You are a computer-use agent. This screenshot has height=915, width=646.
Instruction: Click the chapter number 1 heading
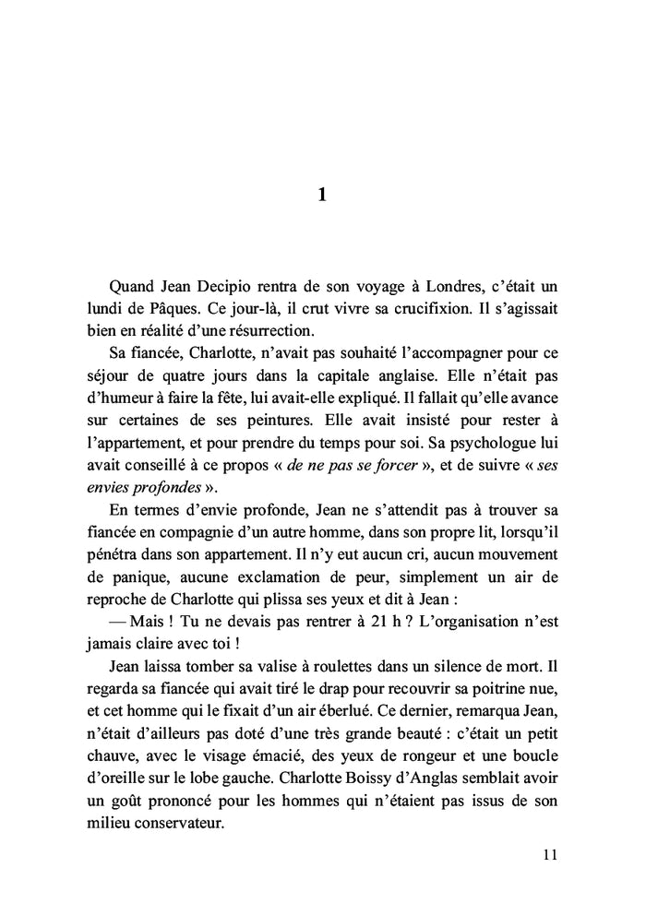pyautogui.click(x=321, y=195)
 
